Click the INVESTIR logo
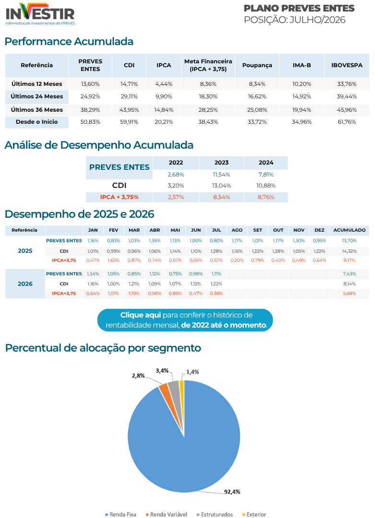point(40,14)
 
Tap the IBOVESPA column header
point(347,65)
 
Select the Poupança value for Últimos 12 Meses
point(257,84)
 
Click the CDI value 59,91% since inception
point(129,122)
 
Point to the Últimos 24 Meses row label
point(36,96)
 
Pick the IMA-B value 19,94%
point(302,110)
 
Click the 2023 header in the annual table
point(222,163)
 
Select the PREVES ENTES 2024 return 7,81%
point(266,175)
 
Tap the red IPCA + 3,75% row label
point(119,197)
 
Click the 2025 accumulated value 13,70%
point(349,241)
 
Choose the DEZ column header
point(319,230)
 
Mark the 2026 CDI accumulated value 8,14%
point(349,284)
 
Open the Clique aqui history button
point(185,320)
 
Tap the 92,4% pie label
point(232,492)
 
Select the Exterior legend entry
point(254,514)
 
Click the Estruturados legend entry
point(215,514)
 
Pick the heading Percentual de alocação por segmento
point(103,348)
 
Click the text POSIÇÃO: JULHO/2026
point(295,20)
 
